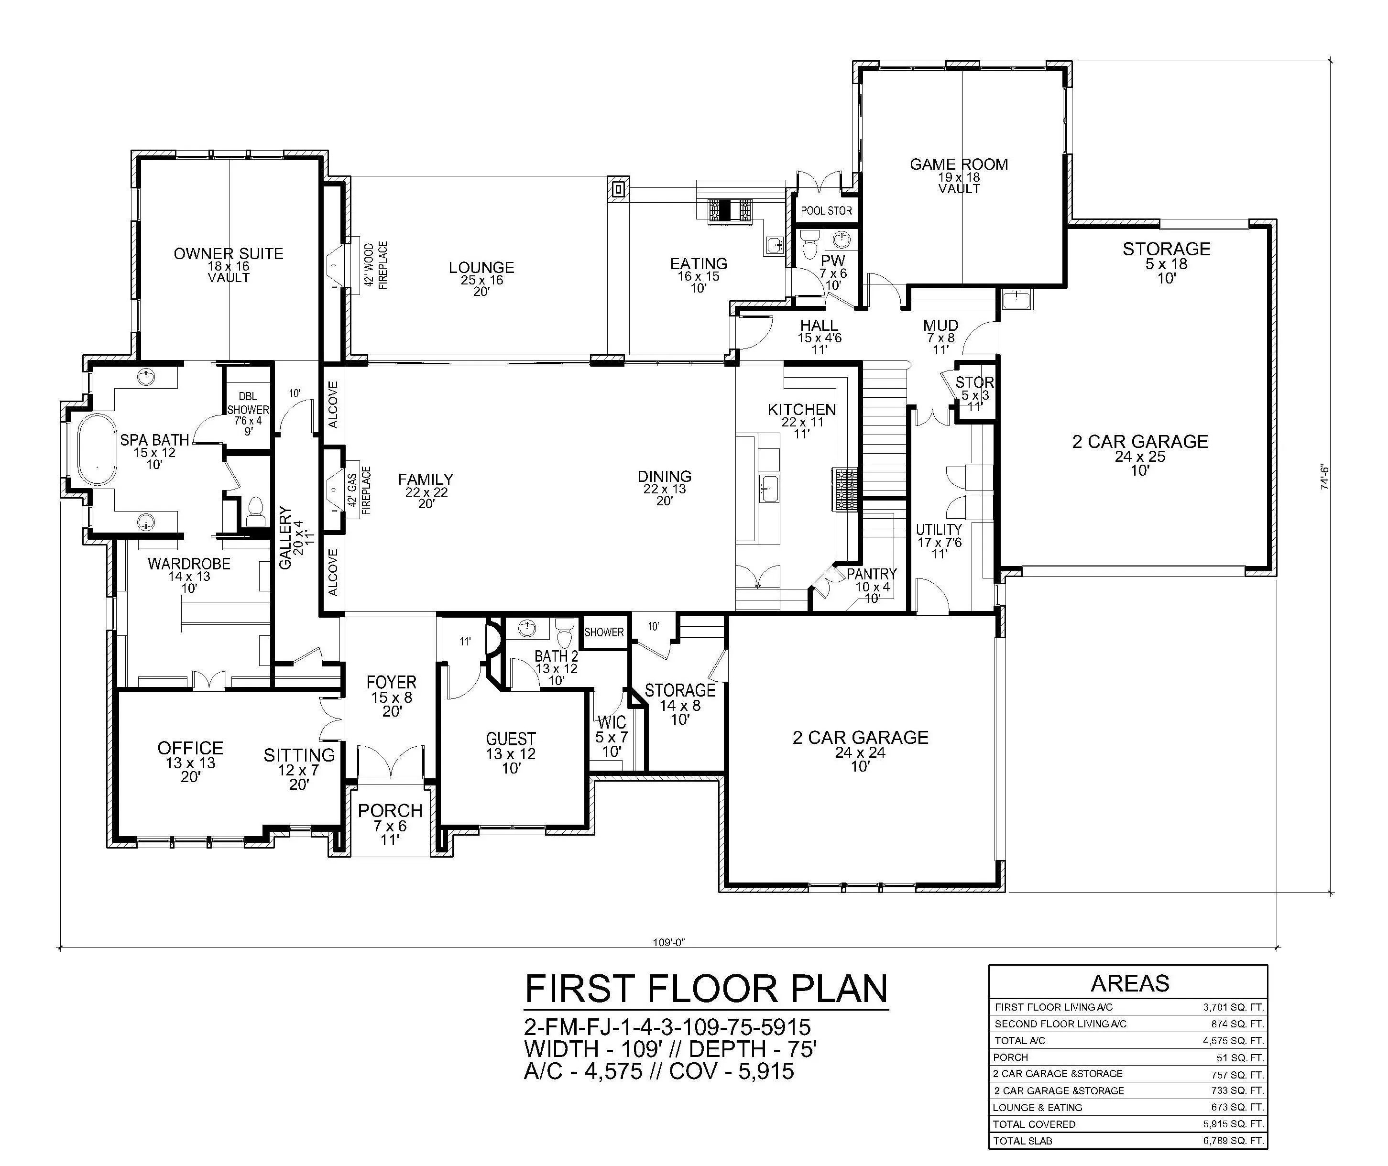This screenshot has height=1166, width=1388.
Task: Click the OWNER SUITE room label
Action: [229, 254]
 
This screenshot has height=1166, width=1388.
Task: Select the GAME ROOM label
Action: [959, 164]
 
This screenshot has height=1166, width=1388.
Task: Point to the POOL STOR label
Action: [826, 211]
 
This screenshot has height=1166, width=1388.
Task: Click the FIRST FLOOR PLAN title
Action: [706, 990]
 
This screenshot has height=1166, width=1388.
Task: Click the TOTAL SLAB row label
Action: [1023, 1141]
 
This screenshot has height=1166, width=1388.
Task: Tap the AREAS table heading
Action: [1130, 983]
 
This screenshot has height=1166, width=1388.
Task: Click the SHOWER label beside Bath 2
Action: [604, 632]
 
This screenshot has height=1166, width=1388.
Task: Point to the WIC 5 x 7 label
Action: [612, 736]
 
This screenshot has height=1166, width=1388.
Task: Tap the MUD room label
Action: [940, 326]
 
